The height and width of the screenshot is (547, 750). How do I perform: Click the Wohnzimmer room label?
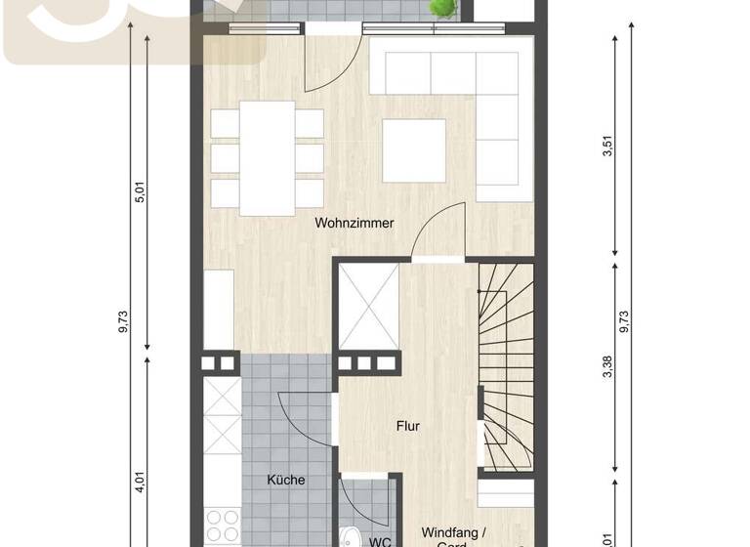point(354,223)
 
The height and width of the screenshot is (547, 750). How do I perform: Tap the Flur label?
point(407,426)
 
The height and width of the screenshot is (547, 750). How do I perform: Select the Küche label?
point(286,480)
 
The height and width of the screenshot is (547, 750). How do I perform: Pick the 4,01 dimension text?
point(140,484)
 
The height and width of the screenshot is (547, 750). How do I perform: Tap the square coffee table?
point(414,149)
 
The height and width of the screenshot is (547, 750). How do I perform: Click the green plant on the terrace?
point(444,9)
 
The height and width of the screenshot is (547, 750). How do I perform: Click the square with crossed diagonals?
point(368,307)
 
